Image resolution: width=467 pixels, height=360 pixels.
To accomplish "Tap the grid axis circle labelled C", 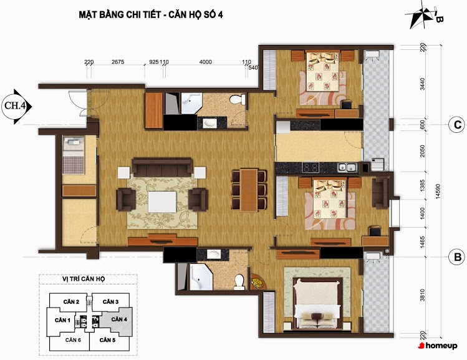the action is (457, 125).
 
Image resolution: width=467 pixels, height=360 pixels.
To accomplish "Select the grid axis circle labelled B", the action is (457, 257).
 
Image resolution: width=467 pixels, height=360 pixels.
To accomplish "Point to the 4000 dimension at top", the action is (206, 62).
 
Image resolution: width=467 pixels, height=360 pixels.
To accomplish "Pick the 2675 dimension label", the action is (118, 62).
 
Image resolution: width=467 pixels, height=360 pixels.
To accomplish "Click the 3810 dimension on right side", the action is (422, 295).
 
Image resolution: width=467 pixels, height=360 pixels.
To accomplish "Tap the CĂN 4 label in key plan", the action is (119, 319).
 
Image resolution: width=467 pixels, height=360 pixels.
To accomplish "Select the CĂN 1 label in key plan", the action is (62, 320).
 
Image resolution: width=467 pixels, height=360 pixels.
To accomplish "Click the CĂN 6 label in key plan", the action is (74, 340).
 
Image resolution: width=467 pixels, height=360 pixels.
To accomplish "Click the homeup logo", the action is (438, 346).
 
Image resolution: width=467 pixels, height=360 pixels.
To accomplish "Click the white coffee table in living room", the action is (162, 202).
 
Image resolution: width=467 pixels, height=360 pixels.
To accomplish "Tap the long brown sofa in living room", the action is (162, 167).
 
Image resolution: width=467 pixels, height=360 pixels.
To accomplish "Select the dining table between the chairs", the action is (249, 190).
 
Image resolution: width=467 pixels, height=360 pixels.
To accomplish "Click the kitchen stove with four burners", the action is (311, 167).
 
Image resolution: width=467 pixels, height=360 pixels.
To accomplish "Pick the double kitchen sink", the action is (347, 167).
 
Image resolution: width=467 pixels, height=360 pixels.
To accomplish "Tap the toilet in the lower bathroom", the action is (239, 282).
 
